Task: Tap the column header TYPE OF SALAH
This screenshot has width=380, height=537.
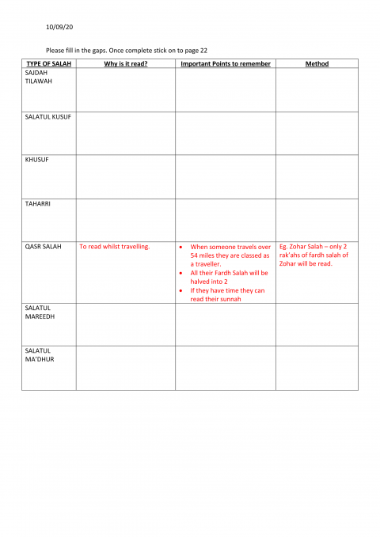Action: coord(47,64)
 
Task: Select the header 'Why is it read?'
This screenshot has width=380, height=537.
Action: coord(125,64)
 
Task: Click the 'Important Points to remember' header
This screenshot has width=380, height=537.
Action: coord(226,64)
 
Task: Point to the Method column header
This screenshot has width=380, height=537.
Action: coord(317,64)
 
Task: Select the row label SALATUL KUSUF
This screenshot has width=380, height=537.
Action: coord(48,117)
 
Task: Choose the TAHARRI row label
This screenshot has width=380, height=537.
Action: coord(37,204)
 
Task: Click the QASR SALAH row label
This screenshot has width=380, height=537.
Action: coord(43,247)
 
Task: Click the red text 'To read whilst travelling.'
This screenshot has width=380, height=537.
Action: coord(115,247)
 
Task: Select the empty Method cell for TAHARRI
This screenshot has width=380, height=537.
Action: coord(317,218)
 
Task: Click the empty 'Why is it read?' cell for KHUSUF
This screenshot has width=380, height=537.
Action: coord(125,175)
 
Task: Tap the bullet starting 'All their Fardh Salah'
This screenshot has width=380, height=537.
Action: coord(230,277)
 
